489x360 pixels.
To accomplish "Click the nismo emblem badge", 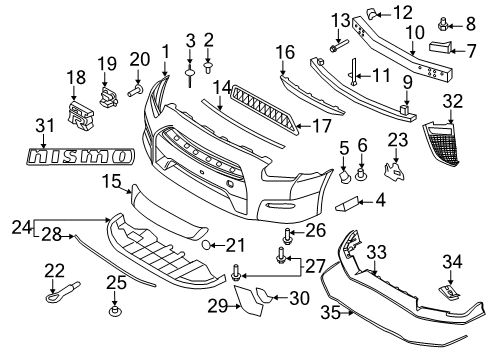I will [80, 157].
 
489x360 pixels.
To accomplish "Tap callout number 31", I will [41, 126].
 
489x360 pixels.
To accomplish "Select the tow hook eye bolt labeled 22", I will [52, 295].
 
